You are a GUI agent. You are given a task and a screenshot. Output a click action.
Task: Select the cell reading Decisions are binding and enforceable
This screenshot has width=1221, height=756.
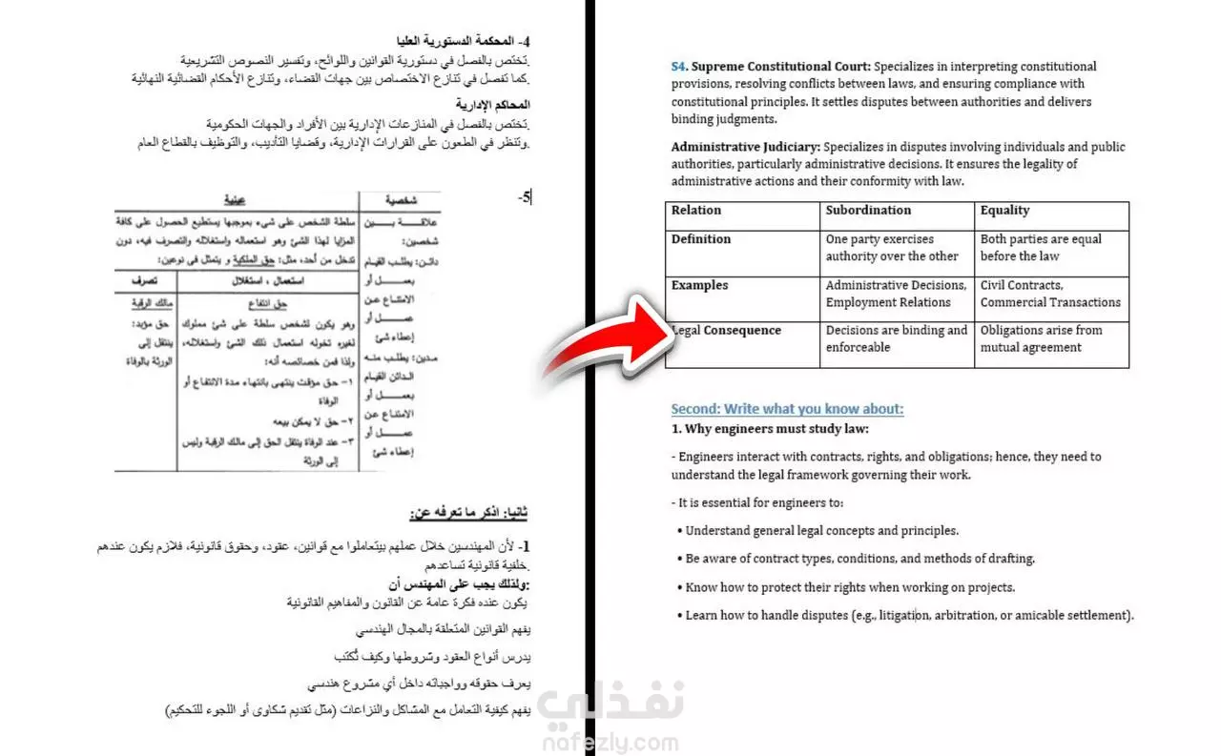[896, 339]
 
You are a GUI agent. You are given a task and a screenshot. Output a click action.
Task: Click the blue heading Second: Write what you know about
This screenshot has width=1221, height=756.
[787, 409]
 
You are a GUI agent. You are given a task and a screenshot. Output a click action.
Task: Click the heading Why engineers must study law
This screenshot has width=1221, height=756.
[770, 429]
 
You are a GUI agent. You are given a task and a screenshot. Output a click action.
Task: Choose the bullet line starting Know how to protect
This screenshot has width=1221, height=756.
[850, 587]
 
